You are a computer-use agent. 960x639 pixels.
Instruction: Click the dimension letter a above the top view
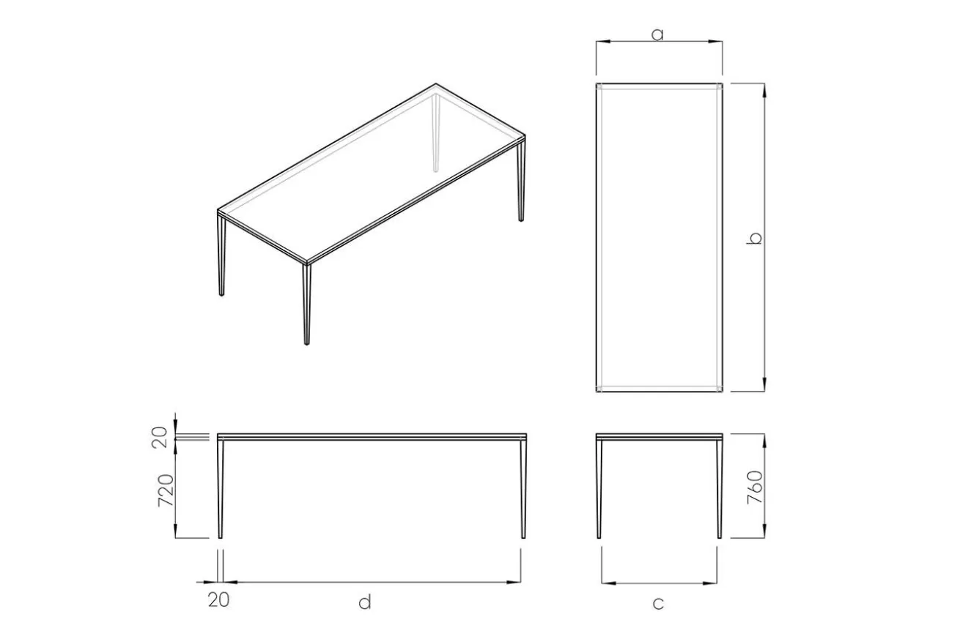(657, 34)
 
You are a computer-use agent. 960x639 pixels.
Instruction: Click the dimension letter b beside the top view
(754, 238)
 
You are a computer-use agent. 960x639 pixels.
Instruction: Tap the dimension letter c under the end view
(658, 603)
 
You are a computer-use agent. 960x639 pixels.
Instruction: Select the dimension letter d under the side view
(365, 602)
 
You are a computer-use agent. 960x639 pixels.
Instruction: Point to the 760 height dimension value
(755, 487)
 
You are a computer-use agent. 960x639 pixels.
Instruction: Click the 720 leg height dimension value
(166, 490)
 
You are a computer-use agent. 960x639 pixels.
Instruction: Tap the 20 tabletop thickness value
(160, 437)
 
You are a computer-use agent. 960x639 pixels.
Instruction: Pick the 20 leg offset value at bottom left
(218, 599)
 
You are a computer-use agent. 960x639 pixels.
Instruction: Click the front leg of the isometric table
(306, 304)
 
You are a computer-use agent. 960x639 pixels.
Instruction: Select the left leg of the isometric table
(221, 255)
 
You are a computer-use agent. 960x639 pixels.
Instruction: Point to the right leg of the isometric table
(522, 181)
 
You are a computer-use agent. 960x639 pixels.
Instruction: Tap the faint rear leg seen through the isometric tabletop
(436, 132)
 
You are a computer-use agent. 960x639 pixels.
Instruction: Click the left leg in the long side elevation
(221, 489)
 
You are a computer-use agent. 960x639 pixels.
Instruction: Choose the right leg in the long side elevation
(523, 489)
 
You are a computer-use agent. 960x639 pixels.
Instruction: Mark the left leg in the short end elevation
(599, 489)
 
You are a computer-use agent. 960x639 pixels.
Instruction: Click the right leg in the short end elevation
(720, 489)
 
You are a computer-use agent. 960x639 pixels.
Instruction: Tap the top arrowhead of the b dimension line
(764, 90)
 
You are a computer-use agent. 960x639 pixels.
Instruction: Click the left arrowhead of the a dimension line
(603, 42)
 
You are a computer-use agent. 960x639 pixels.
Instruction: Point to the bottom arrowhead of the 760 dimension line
(764, 531)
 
